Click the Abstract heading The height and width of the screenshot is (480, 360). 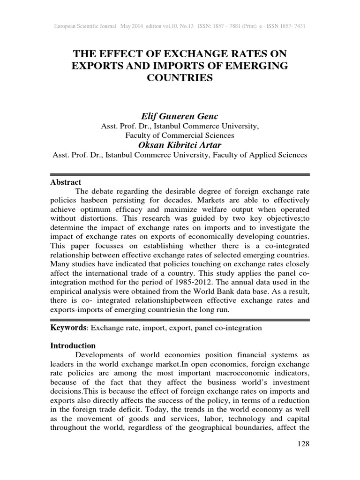click(66, 182)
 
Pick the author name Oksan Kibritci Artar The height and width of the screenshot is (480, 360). click(180, 145)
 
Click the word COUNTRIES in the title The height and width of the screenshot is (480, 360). click(180, 77)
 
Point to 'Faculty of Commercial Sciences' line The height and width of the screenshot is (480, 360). click(180, 135)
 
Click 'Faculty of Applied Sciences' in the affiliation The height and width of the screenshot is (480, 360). click(262, 155)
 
